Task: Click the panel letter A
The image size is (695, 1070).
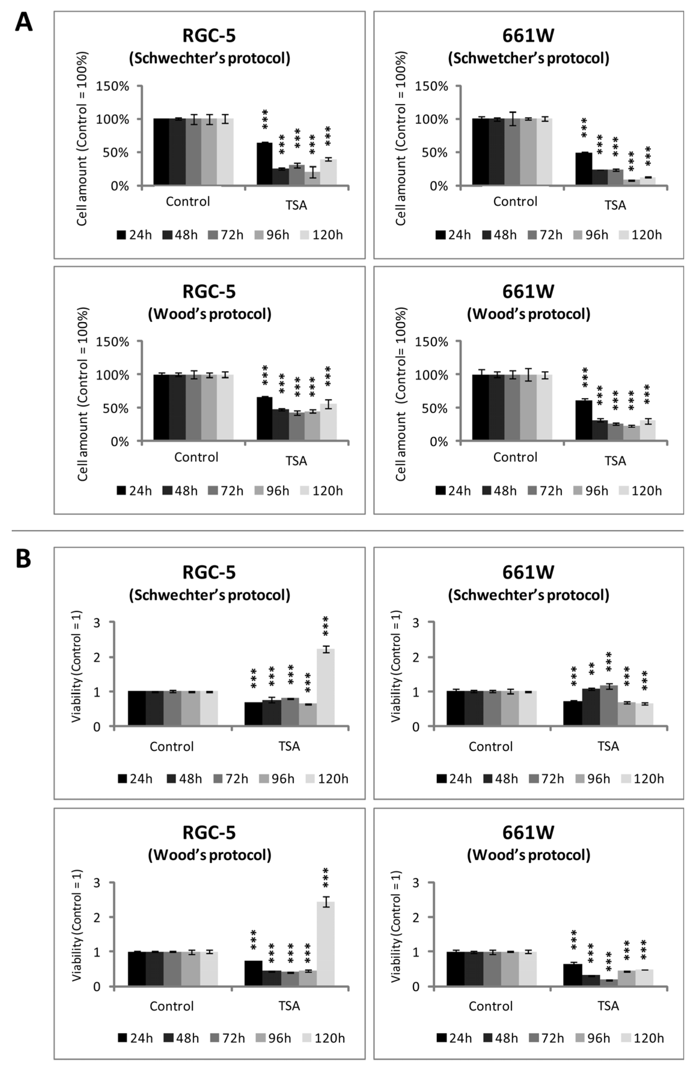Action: [23, 22]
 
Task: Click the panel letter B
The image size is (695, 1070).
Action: [23, 559]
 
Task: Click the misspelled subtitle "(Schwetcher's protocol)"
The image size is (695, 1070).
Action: [528, 58]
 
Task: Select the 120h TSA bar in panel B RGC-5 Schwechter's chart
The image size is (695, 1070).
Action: [325, 687]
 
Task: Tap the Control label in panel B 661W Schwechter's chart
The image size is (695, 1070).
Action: [490, 746]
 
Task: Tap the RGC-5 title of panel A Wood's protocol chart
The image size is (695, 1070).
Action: [209, 291]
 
